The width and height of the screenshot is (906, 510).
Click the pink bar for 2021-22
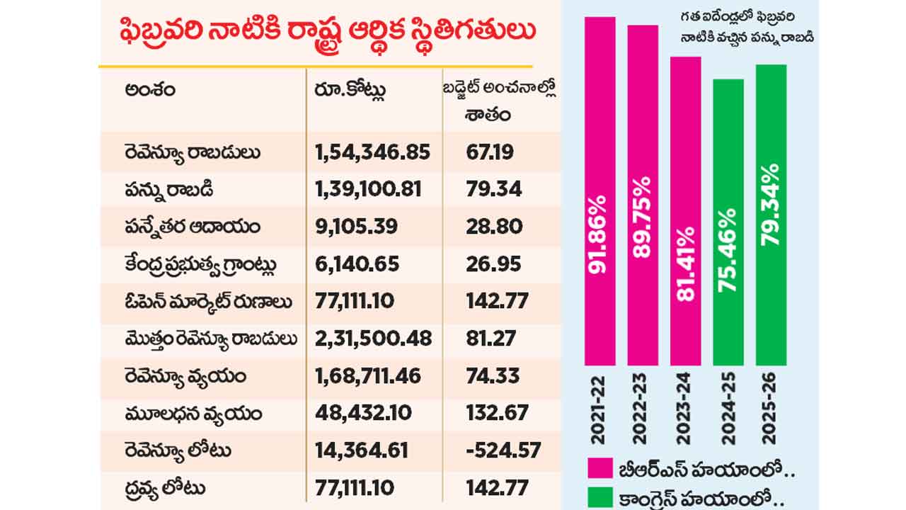pyautogui.click(x=600, y=191)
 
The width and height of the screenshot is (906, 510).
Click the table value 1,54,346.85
pyautogui.click(x=372, y=152)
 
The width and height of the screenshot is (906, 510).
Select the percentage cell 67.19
pyautogui.click(x=491, y=152)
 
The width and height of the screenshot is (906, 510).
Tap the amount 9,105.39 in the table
pyautogui.click(x=357, y=227)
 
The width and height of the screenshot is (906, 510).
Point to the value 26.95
pyautogui.click(x=494, y=264)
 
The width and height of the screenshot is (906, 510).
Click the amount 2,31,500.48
pyautogui.click(x=373, y=339)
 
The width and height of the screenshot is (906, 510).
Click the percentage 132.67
pyautogui.click(x=498, y=413)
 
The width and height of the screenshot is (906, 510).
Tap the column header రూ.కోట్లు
pyautogui.click(x=351, y=92)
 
